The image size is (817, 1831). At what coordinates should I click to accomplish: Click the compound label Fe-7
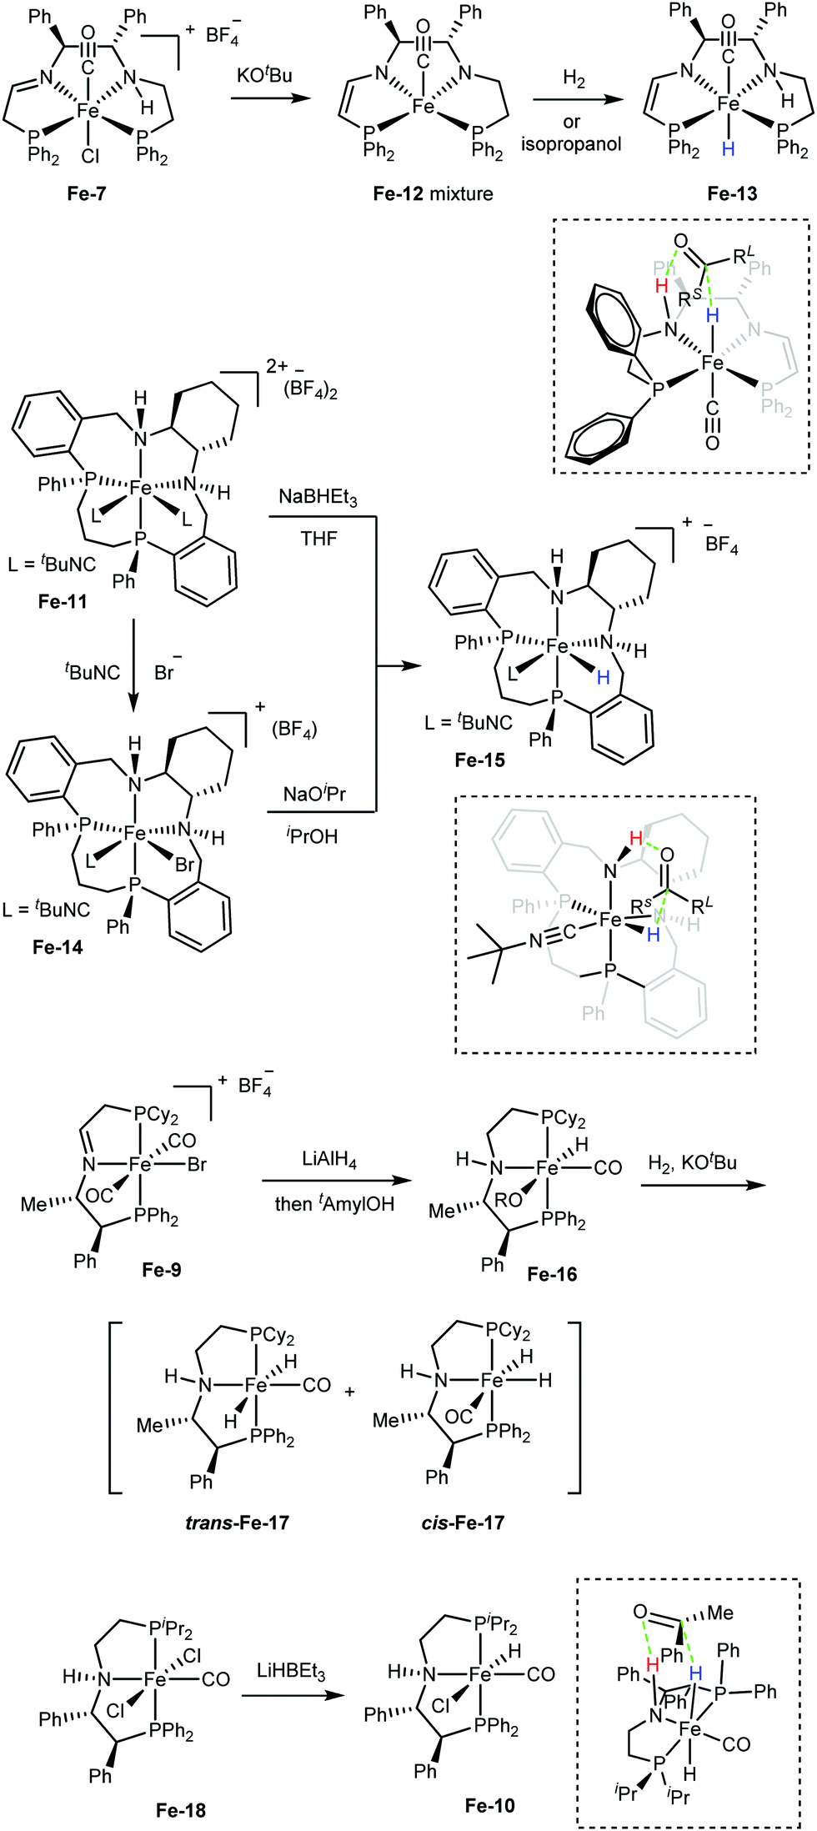pos(87,193)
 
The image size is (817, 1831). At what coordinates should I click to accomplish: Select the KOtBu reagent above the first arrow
pos(264,76)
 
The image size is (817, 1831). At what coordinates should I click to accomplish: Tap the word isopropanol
pos(571,143)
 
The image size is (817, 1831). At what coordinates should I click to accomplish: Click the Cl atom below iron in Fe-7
pos(90,155)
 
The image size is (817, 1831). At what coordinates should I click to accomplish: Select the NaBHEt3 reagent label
pos(318,498)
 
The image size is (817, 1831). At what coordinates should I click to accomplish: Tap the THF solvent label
pos(318,539)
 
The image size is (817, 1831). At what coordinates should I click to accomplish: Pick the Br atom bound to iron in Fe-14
pos(184,865)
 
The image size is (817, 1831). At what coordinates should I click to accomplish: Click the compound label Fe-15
pos(479,760)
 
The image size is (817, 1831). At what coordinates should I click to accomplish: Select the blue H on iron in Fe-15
pos(603,677)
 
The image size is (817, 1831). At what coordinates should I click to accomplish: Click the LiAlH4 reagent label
pos(329,1160)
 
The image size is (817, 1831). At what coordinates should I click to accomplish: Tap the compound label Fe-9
pos(161,1269)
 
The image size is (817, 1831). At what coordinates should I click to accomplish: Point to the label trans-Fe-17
pos(237,1522)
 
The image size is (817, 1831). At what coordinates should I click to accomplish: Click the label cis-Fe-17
pos(463,1522)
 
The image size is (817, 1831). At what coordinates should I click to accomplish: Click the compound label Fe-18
pos(180,1810)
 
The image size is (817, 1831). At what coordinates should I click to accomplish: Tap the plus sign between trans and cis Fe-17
pos(349,1392)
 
